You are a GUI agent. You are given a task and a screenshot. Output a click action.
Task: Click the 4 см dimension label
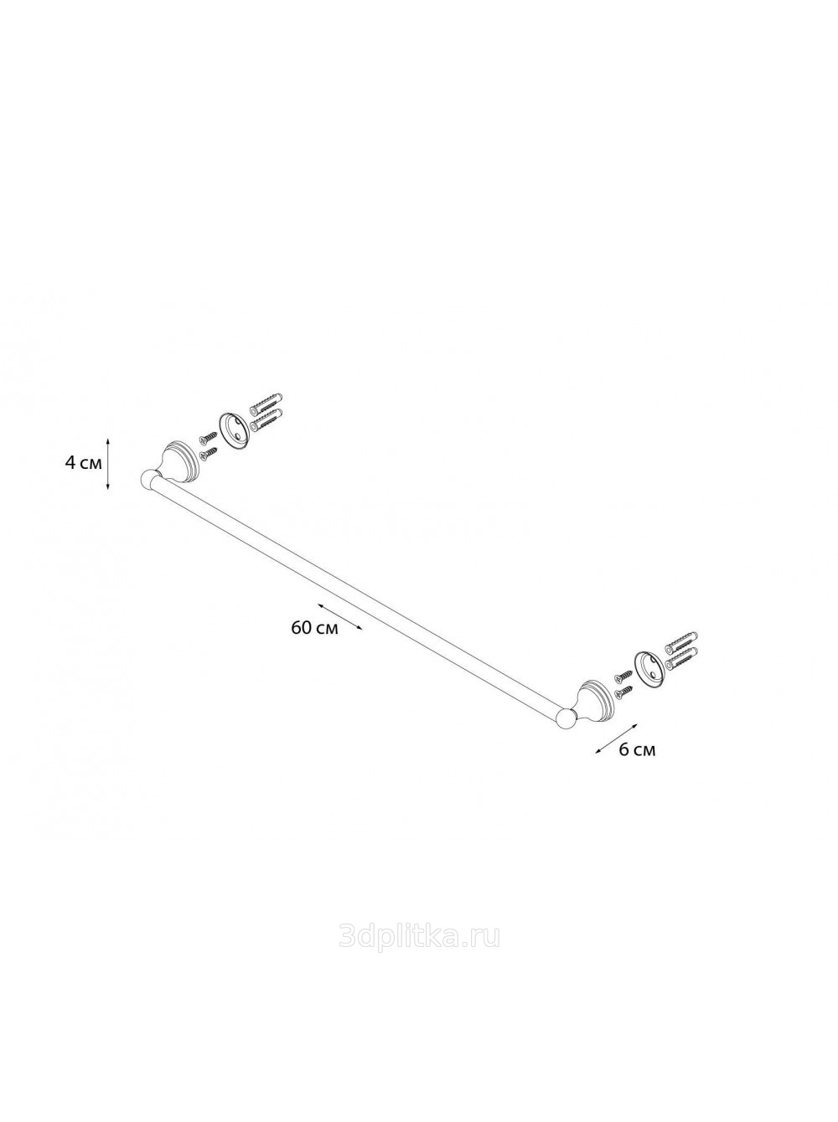[84, 463]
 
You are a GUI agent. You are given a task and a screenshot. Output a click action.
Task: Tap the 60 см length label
[314, 628]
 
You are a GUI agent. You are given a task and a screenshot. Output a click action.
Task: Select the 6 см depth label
[636, 750]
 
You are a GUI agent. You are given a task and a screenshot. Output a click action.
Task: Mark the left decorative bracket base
[177, 461]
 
